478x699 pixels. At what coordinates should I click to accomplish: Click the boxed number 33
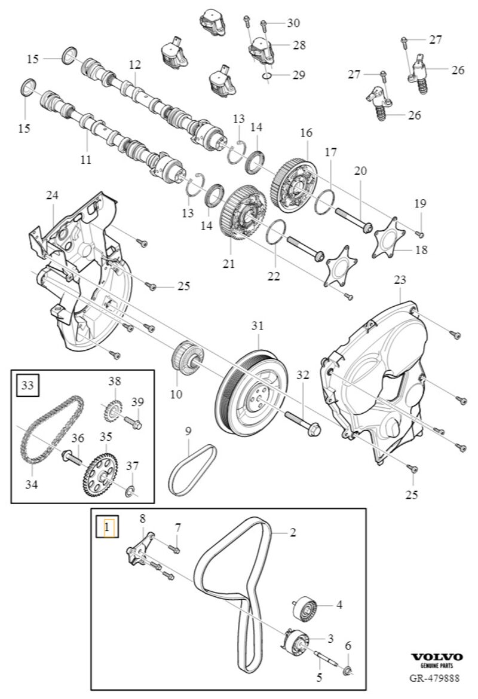[x=28, y=385]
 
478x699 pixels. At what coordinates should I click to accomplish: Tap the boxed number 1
[x=108, y=527]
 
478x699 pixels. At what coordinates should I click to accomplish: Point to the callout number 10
[x=176, y=395]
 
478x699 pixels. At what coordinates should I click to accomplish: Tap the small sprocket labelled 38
[x=112, y=410]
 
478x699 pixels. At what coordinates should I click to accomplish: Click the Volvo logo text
[x=437, y=657]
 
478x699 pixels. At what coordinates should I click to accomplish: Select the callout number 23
[x=400, y=279]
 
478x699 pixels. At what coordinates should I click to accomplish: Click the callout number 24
[x=52, y=196]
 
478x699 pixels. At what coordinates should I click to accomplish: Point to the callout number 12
[x=134, y=64]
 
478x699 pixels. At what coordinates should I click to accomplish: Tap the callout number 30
[x=293, y=23]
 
